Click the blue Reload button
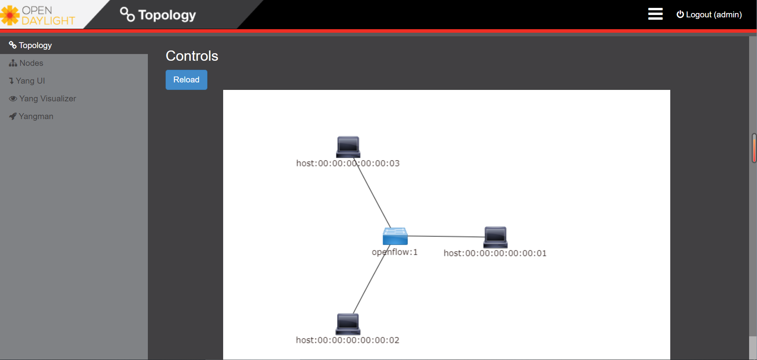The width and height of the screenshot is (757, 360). pos(186,80)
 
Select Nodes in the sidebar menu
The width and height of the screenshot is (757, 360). pos(31,63)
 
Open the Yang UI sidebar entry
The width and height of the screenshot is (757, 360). pos(30,81)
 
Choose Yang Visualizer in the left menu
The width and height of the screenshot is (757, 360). pos(47,99)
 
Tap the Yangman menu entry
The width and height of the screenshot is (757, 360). pos(35,116)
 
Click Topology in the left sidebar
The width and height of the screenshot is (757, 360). pos(35,45)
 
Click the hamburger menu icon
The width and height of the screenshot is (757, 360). pos(655,14)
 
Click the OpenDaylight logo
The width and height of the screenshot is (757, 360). pos(38,15)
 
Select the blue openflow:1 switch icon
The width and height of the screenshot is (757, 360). pos(395,236)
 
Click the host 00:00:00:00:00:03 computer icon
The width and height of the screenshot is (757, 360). pos(348,147)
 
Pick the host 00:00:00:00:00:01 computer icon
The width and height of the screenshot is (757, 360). pos(495,237)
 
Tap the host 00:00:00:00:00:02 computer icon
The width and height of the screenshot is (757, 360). pos(348,324)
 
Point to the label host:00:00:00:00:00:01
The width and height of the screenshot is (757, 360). pos(495,253)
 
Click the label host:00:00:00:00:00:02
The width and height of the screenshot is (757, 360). pos(347,340)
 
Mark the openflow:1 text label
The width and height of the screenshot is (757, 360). pos(395,252)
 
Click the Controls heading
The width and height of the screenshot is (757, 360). pos(192,56)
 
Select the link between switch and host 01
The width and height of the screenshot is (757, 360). pos(446,236)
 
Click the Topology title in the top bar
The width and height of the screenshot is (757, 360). pos(167,15)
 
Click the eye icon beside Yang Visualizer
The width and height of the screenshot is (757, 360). pos(13,99)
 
